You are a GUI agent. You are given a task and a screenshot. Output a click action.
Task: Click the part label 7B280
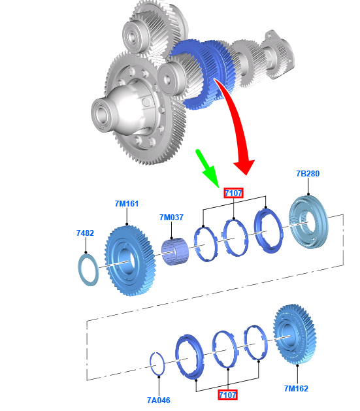308,174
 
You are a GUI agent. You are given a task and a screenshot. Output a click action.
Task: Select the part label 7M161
127,204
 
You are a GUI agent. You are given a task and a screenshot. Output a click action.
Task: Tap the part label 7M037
171,218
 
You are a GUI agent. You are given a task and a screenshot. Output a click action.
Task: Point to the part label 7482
85,233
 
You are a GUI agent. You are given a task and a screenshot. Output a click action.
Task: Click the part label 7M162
297,389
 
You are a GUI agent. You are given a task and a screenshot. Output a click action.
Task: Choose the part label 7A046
159,401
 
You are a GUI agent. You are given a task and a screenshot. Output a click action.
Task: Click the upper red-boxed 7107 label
233,193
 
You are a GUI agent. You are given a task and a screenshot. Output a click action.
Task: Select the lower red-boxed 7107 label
227,395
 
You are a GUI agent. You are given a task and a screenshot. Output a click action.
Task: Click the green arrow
207,168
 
